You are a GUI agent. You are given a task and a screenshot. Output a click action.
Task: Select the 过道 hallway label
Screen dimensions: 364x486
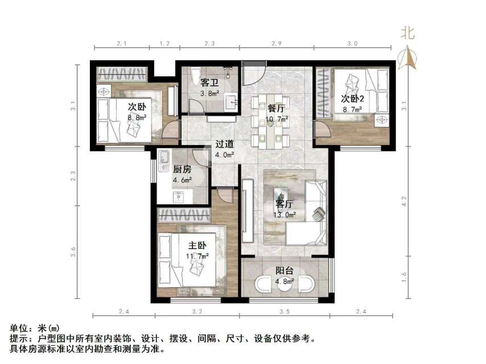[x=224, y=144]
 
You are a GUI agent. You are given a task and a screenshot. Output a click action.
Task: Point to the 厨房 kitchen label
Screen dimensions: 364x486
[x=182, y=169]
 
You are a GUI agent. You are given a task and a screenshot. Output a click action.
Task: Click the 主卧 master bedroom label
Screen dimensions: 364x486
[x=197, y=246]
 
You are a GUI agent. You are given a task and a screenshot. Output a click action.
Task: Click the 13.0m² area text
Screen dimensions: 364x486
[x=286, y=214]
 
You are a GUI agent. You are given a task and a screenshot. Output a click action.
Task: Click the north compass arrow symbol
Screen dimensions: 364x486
[x=407, y=58]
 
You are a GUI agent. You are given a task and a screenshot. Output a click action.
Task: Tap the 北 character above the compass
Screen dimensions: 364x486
[x=407, y=33]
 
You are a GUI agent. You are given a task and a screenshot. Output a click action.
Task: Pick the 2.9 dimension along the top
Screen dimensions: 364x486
[x=277, y=44]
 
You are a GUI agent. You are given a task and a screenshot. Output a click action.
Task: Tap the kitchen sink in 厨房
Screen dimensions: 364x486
[x=163, y=157]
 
